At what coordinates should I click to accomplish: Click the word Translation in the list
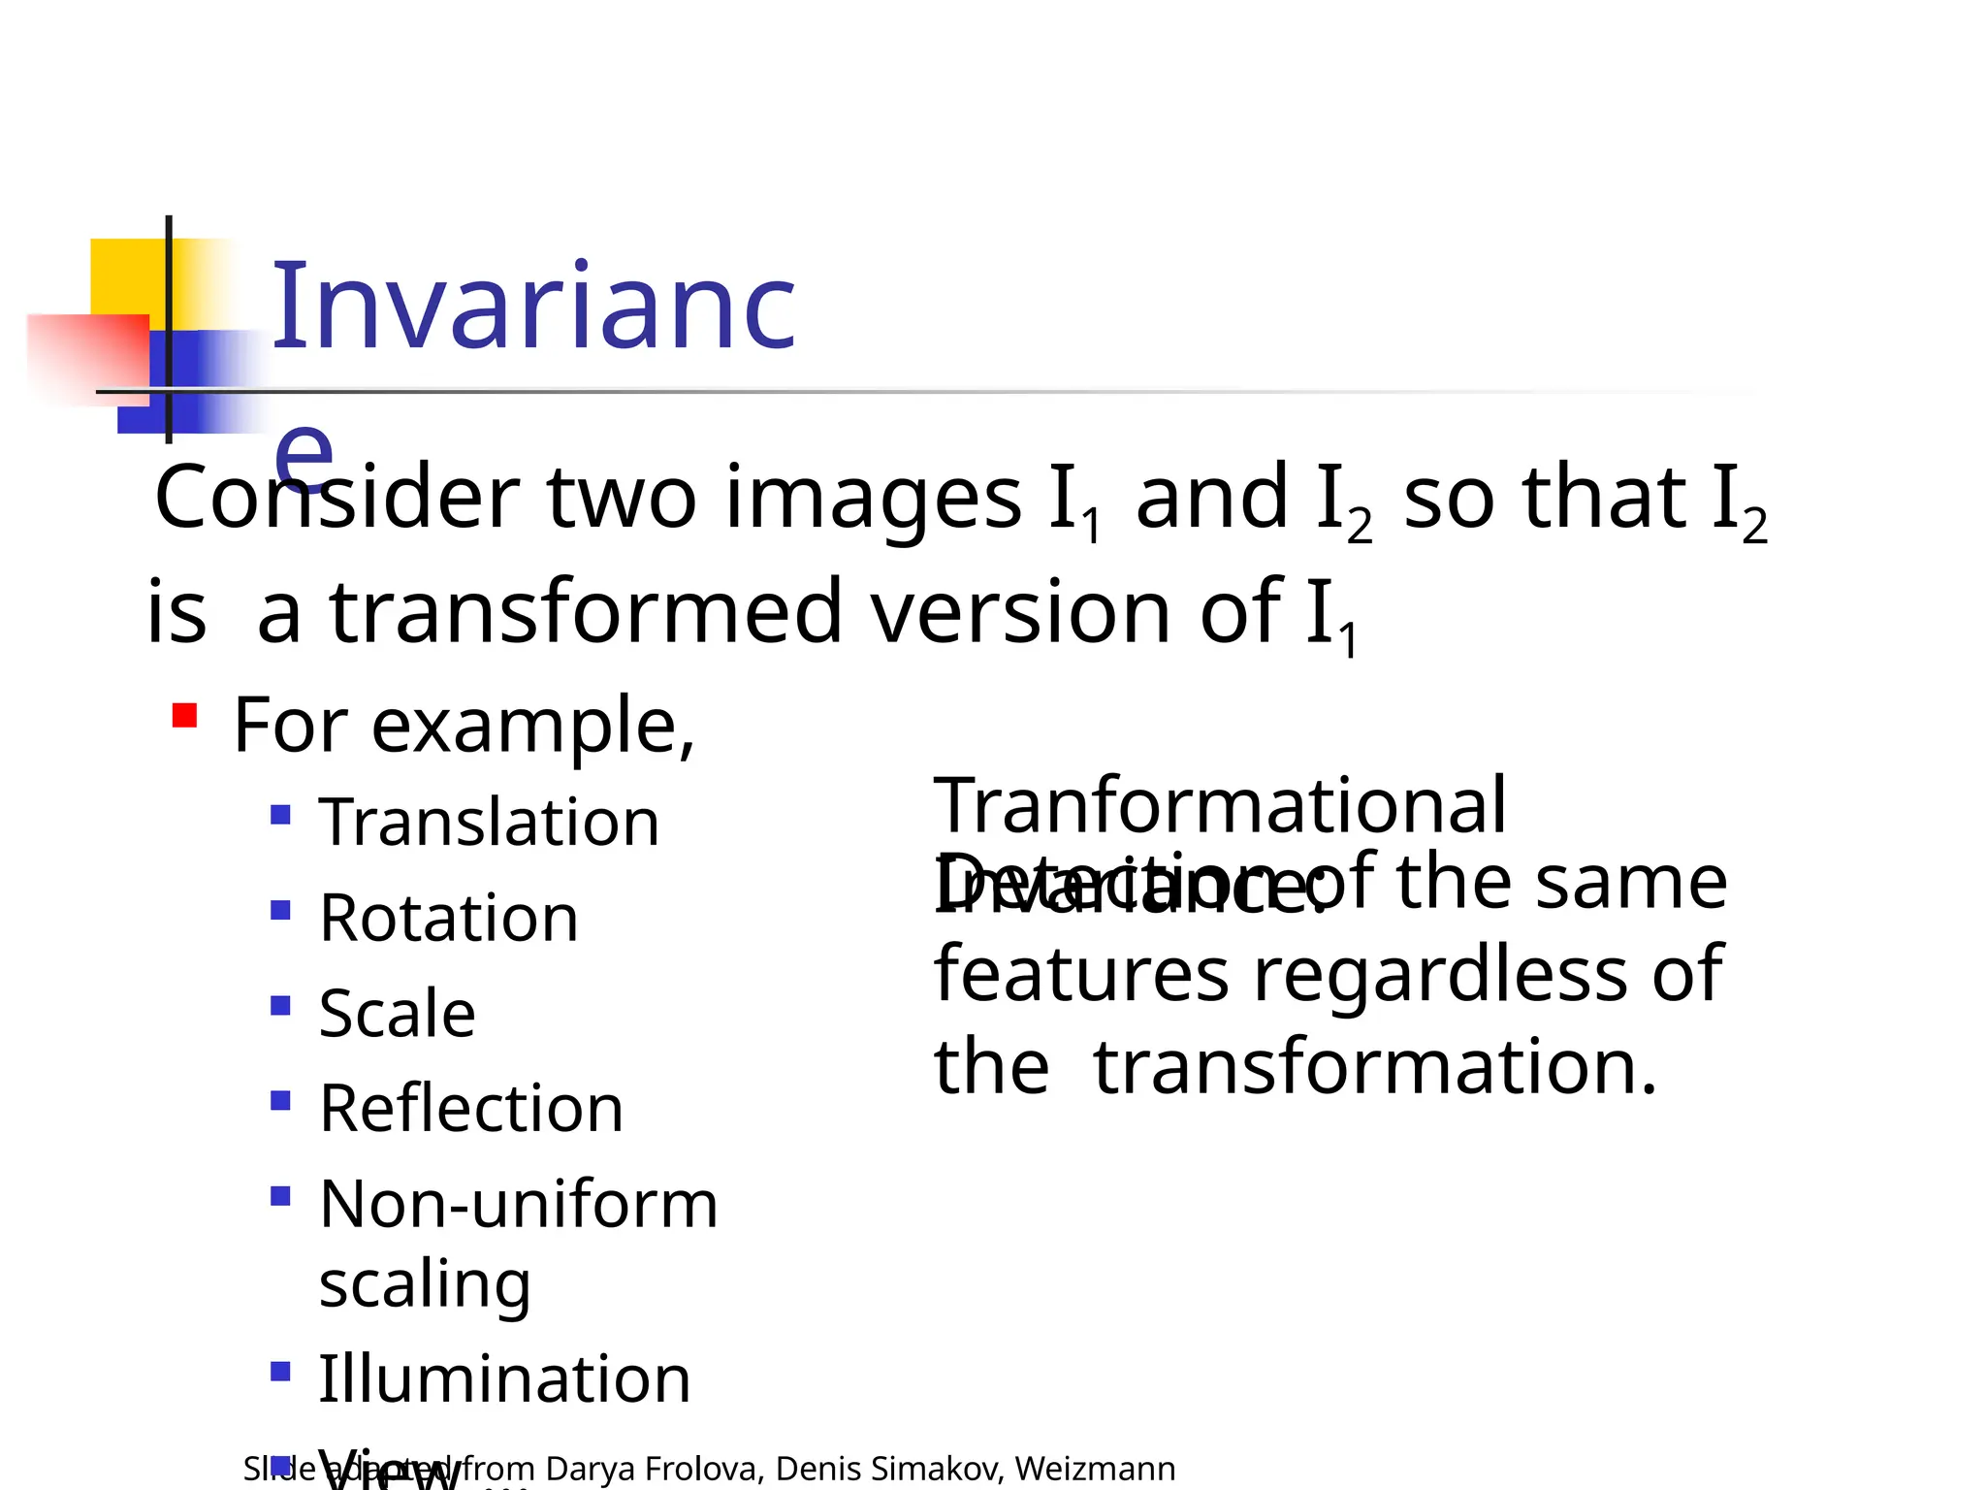point(489,823)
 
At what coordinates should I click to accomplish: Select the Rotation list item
point(449,918)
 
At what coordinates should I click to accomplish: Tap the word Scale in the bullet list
point(398,1014)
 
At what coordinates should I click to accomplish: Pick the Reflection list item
point(471,1109)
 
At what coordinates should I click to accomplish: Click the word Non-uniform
point(519,1205)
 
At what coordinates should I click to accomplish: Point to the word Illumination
point(504,1378)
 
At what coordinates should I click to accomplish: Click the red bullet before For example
point(184,717)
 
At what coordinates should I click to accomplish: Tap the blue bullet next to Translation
point(281,814)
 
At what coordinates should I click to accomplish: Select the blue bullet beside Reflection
point(281,1100)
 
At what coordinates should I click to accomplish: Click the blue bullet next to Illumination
point(281,1371)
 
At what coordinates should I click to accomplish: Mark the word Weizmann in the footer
point(1095,1469)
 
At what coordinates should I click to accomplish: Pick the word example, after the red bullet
point(533,726)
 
